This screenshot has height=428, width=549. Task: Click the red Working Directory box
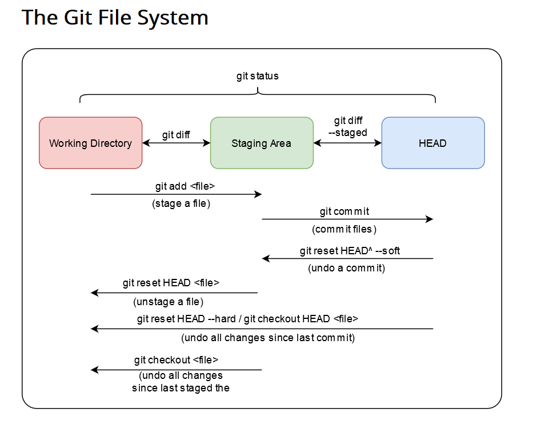[x=91, y=143]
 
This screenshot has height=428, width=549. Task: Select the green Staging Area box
[x=262, y=143]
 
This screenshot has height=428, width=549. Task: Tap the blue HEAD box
[x=433, y=143]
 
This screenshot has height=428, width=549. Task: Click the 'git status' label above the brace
[x=257, y=77]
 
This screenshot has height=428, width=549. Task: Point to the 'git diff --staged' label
[x=348, y=127]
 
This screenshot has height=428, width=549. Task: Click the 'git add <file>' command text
[x=185, y=186]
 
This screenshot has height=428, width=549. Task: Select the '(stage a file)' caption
[x=181, y=203]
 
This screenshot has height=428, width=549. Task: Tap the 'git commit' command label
[x=344, y=211]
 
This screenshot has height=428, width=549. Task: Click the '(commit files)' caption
[x=344, y=229]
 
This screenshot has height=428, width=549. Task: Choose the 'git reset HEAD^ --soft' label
[x=350, y=251]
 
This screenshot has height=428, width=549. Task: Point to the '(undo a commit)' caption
[x=346, y=269]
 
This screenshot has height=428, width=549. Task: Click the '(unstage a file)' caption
[x=168, y=302]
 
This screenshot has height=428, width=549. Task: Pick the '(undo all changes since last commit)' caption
[x=268, y=338]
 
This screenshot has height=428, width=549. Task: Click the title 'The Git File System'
[x=115, y=18]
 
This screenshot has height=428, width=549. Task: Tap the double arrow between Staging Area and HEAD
[x=348, y=143]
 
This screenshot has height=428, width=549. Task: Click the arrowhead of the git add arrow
[x=258, y=194]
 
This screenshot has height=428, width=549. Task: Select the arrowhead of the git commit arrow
[x=430, y=219]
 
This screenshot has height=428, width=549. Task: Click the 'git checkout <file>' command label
[x=176, y=360]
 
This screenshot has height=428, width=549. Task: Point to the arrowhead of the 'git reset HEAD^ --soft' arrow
[x=266, y=258]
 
